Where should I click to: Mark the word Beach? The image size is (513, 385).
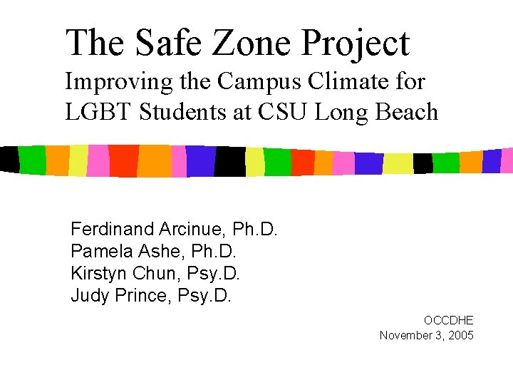click(x=409, y=112)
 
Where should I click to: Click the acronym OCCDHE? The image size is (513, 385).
click(x=448, y=321)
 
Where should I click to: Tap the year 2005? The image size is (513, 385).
click(x=457, y=335)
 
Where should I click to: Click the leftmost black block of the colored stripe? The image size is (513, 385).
click(x=9, y=159)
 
